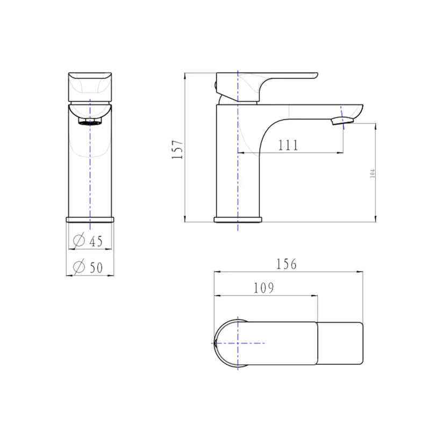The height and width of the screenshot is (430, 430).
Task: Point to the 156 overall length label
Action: pos(286,264)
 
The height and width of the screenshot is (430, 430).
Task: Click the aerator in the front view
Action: pos(90,121)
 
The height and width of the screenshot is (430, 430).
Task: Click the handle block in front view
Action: pos(90,86)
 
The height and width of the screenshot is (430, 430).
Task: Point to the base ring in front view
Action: pos(90,219)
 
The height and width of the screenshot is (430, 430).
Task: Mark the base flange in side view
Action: pos(238,219)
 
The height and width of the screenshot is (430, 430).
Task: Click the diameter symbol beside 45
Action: pos(78,241)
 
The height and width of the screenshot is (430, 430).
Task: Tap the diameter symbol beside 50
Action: pos(78,267)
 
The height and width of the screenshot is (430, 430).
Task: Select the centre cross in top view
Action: pos(238,342)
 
